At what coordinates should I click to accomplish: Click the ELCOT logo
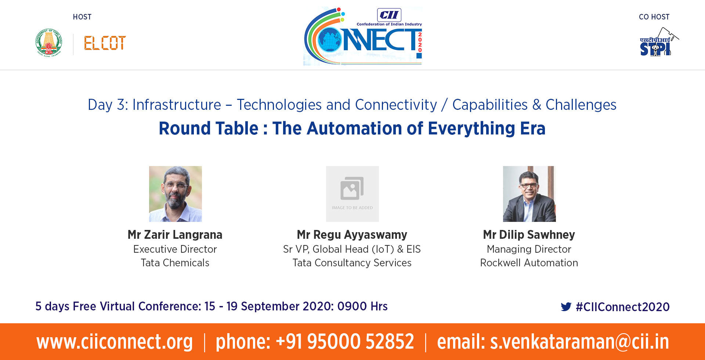(105, 43)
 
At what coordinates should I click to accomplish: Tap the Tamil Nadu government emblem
(49, 43)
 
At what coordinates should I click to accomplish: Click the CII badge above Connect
(389, 15)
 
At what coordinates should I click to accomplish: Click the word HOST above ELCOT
(82, 17)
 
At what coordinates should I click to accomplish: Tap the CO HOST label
(654, 17)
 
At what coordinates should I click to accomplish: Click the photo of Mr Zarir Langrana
(176, 194)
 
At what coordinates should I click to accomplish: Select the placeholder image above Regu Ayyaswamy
(352, 194)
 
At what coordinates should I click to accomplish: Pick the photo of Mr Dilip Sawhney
(529, 194)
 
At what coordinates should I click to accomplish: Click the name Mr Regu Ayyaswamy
(352, 235)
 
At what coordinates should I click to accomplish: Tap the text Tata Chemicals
(175, 263)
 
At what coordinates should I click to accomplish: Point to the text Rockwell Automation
(529, 263)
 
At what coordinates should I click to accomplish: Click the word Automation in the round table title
(347, 129)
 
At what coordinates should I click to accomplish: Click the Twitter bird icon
(566, 307)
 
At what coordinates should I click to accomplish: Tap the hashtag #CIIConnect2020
(623, 307)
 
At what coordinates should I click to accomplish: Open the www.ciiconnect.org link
(115, 342)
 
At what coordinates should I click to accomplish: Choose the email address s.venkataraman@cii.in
(579, 342)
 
